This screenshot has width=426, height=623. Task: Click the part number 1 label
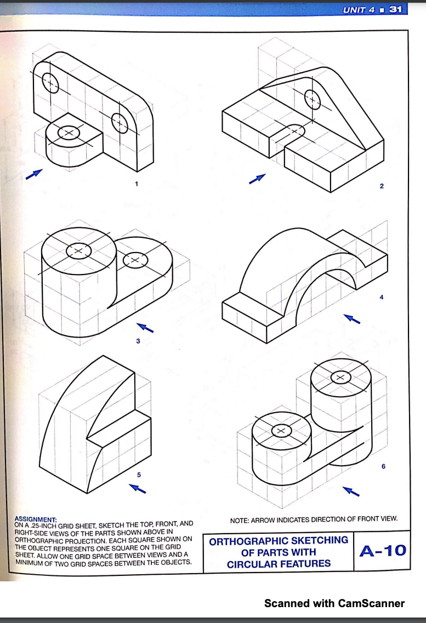click(x=137, y=184)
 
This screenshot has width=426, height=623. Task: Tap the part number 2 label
click(x=382, y=186)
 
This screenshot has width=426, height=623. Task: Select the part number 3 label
click(x=138, y=341)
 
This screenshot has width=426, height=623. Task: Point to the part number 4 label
click(x=382, y=297)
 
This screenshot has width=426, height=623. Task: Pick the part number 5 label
click(x=139, y=475)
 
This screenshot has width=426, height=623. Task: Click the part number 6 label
click(x=383, y=466)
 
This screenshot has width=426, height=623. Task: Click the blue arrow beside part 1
click(x=34, y=174)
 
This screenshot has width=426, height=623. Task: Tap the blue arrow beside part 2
click(x=257, y=179)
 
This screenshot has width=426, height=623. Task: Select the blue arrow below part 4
click(x=351, y=319)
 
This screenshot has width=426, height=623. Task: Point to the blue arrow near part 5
click(x=138, y=488)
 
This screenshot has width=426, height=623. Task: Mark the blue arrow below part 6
click(x=351, y=491)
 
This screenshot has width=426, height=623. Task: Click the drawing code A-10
click(x=383, y=551)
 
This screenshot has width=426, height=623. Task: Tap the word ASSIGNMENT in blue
click(x=36, y=519)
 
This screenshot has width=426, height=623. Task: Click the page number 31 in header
click(x=395, y=9)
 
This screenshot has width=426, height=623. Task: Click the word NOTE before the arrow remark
click(x=239, y=520)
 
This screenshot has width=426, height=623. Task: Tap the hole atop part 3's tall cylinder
click(x=79, y=251)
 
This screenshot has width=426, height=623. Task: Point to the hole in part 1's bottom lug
click(x=69, y=132)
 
